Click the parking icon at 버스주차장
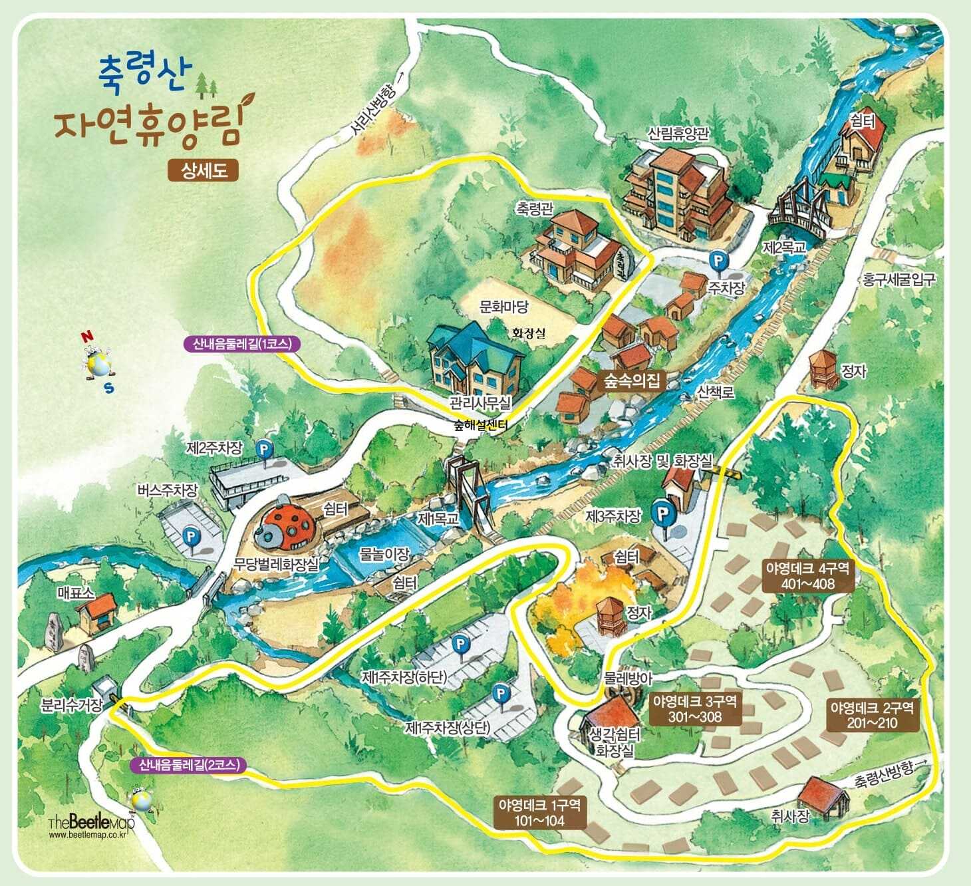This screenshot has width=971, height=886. [192, 535]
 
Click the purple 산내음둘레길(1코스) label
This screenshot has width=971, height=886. [243, 344]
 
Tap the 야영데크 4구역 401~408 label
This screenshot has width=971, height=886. [809, 576]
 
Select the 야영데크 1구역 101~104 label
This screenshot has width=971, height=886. [539, 812]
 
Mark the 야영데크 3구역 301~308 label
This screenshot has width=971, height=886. [695, 709]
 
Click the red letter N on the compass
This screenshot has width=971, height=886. [86, 337]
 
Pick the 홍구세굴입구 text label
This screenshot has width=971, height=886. [899, 279]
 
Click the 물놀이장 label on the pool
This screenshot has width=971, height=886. [384, 553]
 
